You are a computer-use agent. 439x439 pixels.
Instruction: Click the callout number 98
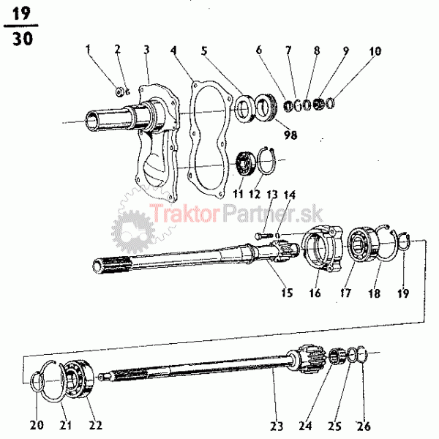(290, 135)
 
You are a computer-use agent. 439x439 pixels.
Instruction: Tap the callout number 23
(277, 426)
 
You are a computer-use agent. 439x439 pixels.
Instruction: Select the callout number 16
(315, 293)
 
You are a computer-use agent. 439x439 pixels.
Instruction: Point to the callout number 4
(173, 50)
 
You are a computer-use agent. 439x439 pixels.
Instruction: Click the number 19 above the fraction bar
(21, 13)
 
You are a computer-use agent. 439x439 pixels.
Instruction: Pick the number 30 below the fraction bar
(23, 39)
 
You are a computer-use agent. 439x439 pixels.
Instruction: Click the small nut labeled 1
(120, 91)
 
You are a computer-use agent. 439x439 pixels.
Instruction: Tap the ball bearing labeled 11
(245, 163)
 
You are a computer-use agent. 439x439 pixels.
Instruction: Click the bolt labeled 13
(263, 236)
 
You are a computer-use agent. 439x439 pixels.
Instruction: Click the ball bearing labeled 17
(363, 245)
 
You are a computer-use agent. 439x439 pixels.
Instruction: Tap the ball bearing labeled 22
(78, 378)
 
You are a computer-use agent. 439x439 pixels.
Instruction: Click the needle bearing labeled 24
(336, 356)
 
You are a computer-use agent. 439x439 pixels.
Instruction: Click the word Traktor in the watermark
(184, 214)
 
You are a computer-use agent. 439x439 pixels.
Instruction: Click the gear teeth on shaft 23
(311, 359)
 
